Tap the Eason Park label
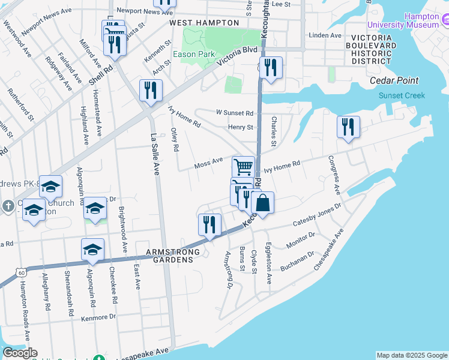tap(194, 54)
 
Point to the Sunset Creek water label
tap(402, 95)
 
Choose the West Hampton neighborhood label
tap(204, 22)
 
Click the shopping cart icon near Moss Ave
tap(243, 166)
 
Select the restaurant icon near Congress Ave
tap(348, 127)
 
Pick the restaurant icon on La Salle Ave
tap(151, 90)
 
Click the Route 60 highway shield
tap(22, 273)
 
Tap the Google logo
tap(20, 353)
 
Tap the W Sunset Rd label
tap(235, 113)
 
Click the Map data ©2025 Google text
tap(412, 355)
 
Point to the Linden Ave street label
tap(325, 35)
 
